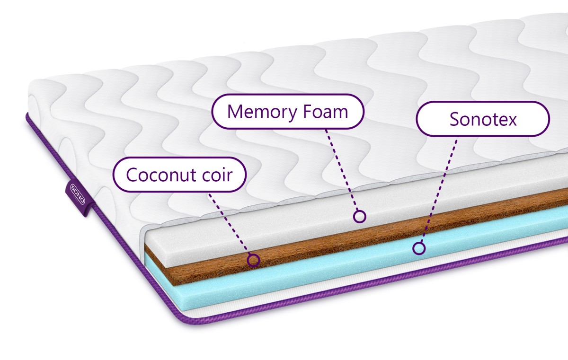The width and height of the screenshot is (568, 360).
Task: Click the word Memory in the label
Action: click(x=262, y=112)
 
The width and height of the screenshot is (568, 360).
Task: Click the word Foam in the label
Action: click(x=325, y=112)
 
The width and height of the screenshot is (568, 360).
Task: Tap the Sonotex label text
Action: click(x=483, y=119)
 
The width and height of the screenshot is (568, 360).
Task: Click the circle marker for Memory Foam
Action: click(x=360, y=216)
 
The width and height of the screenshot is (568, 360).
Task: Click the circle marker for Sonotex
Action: click(x=418, y=248)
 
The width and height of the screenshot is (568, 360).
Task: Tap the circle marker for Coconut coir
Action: click(x=253, y=260)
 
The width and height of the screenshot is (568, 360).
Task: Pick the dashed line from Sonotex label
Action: click(x=439, y=190)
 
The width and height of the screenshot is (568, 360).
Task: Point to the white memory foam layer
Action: click(x=304, y=223)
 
